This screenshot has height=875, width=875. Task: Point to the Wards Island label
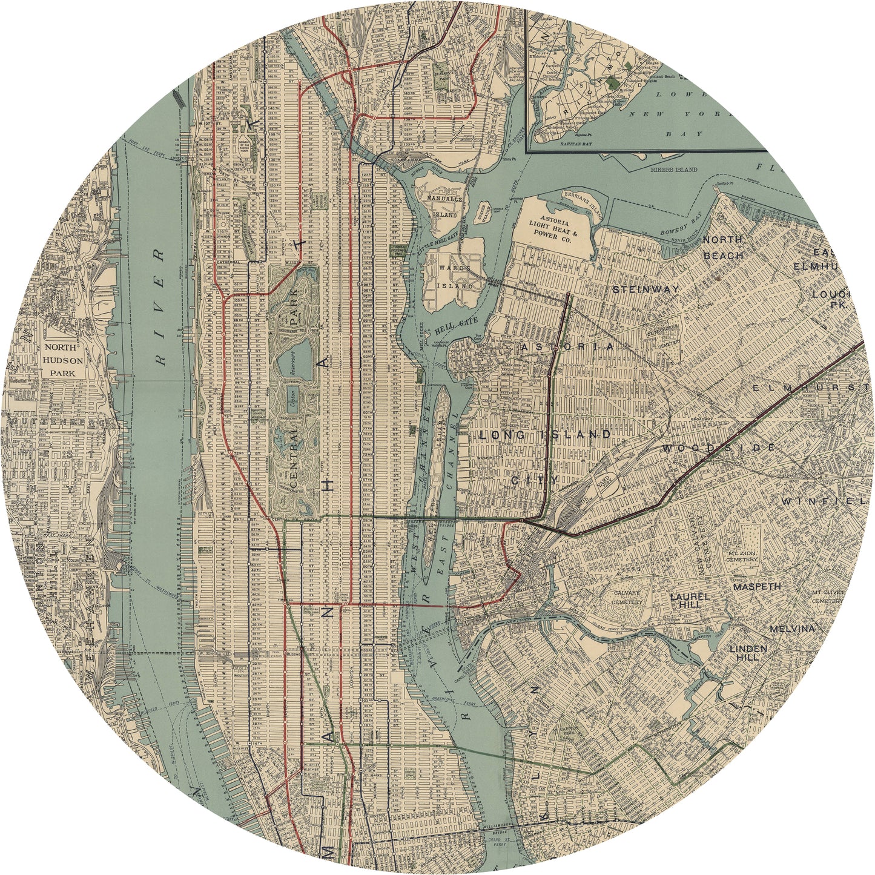456,276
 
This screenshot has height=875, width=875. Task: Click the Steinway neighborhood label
646,289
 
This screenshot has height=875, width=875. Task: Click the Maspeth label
757,587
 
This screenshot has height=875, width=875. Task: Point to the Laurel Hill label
685,600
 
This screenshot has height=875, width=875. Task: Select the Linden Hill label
748,653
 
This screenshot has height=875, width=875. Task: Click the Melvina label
792,629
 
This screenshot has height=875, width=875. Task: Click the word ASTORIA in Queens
566,347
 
